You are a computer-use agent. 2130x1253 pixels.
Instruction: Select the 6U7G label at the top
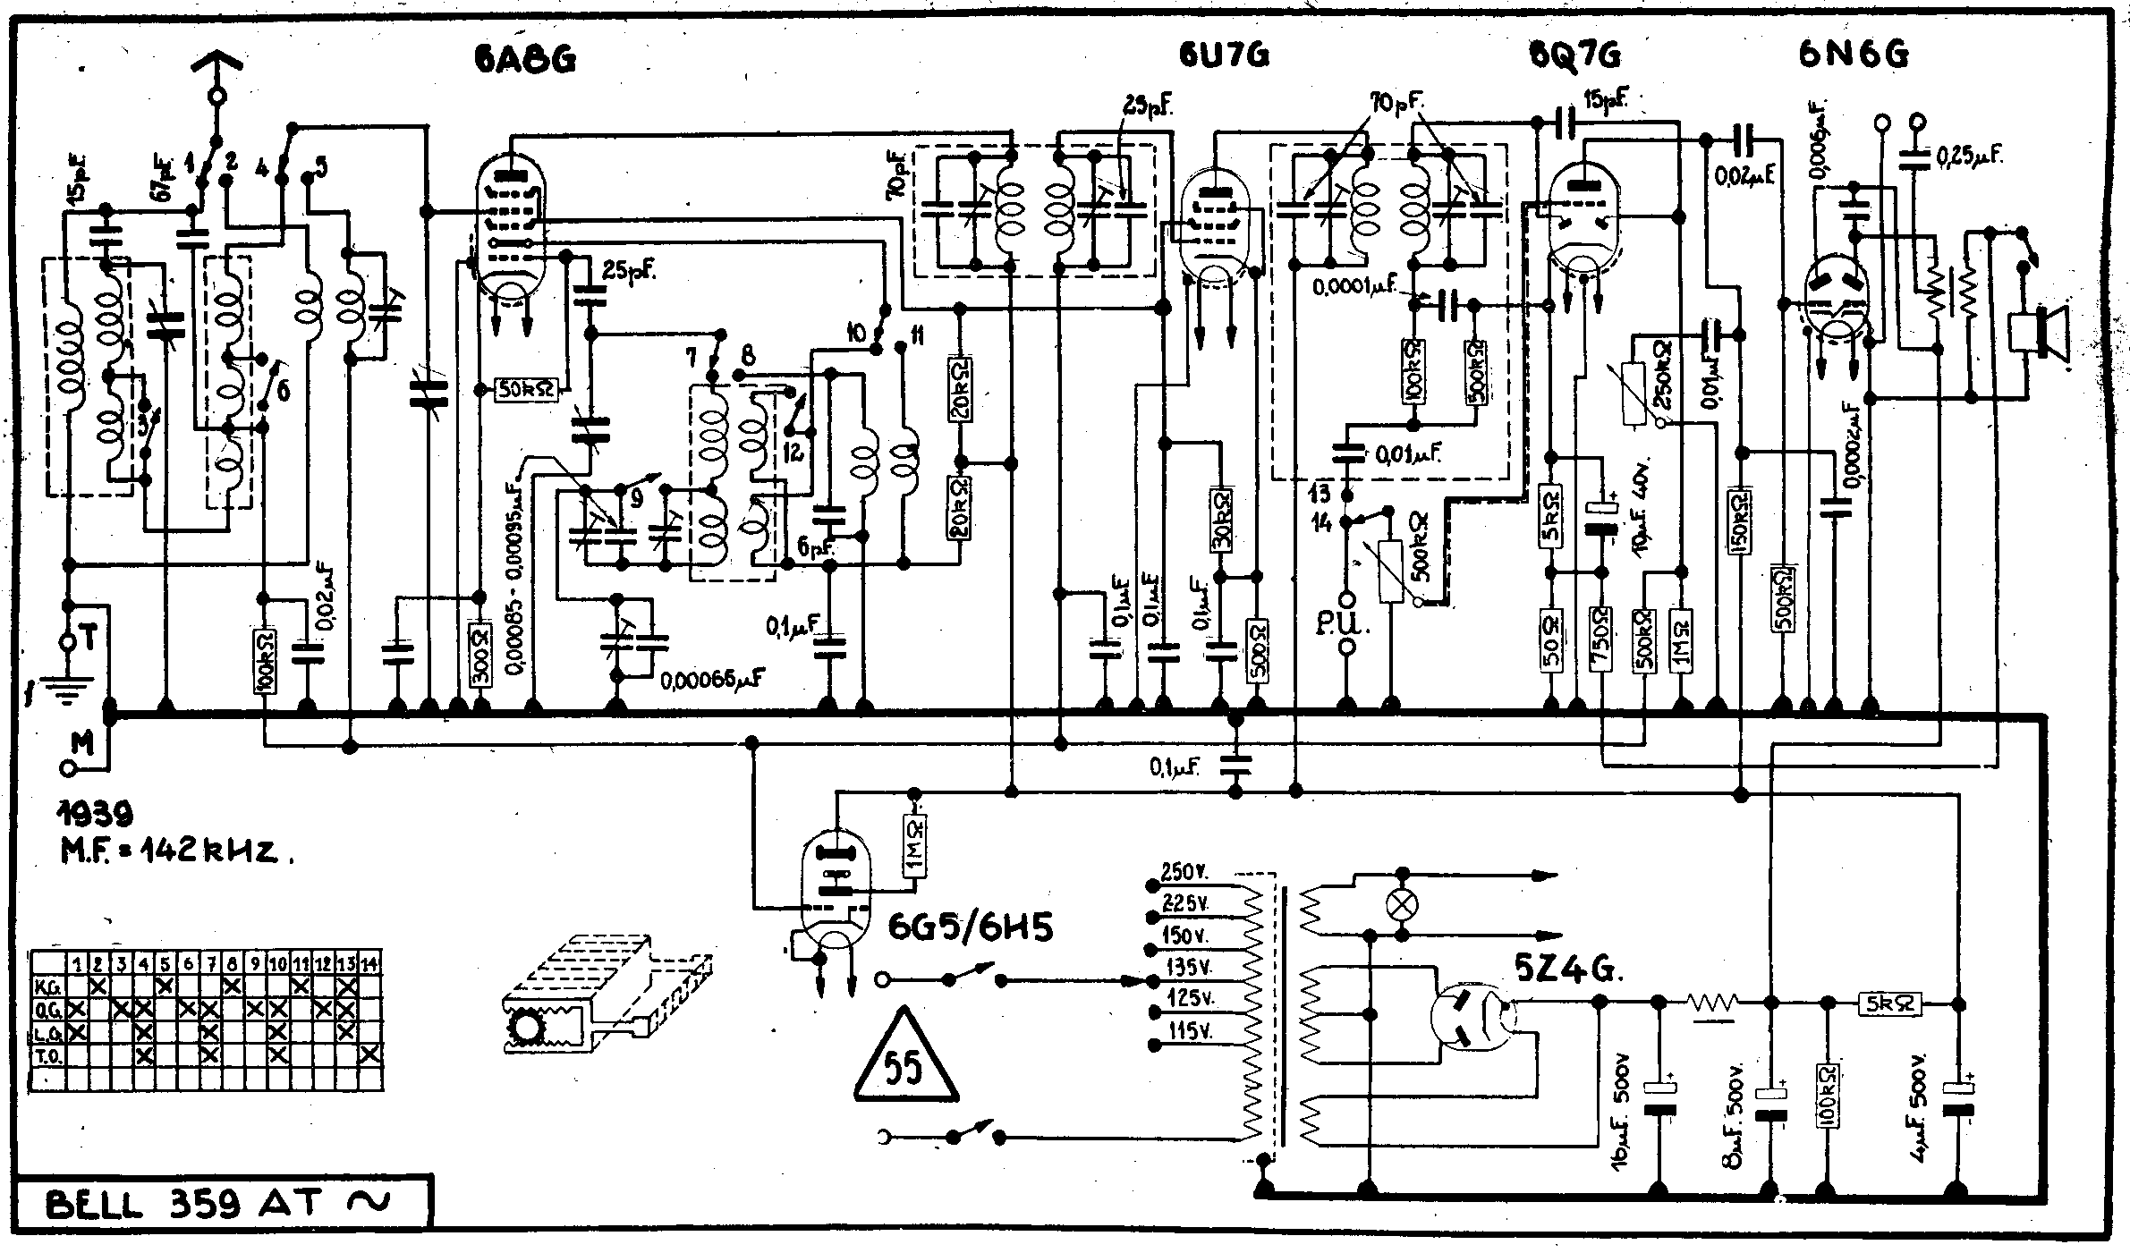(1223, 55)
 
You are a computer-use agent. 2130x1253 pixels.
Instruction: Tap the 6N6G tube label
(1853, 55)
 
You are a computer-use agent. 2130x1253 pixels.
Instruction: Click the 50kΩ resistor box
(528, 389)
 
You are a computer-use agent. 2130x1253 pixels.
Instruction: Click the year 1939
(95, 812)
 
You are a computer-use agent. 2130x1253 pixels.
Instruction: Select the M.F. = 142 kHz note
(175, 850)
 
